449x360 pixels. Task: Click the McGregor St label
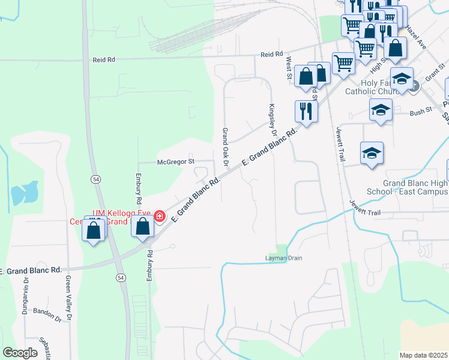(175, 161)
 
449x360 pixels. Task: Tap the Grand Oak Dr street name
(226, 147)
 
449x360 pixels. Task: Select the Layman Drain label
(284, 258)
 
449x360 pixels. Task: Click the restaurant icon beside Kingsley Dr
(306, 111)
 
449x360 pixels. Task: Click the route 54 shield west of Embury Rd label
(95, 179)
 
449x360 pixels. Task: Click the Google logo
(20, 353)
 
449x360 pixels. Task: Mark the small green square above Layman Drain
(282, 248)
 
